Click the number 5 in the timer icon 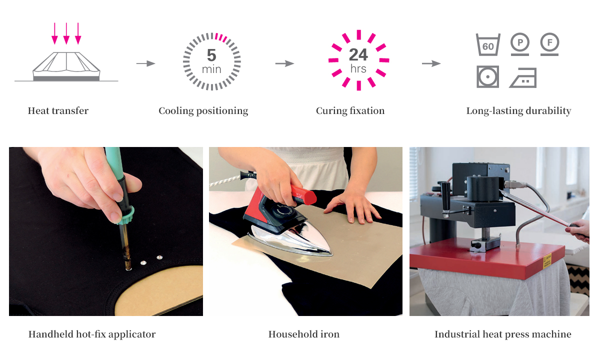pos(211,55)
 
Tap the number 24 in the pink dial pos(358,54)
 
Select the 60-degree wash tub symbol pos(488,44)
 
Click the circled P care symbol pos(519,44)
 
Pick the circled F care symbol pos(549,44)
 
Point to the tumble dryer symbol pos(487,76)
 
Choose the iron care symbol pos(523,78)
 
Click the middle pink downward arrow pos(66,33)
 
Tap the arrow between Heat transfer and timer pos(145,63)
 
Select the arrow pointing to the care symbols pos(431,63)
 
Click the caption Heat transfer pos(58,110)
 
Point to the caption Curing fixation pos(350,110)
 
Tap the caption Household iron pos(304,334)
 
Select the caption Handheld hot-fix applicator pos(92,334)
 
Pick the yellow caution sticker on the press pos(547,261)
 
